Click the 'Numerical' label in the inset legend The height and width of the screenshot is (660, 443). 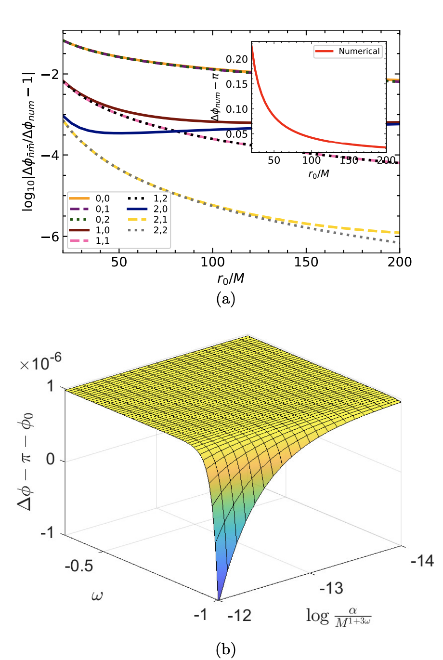point(359,51)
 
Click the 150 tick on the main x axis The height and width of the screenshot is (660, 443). point(306,262)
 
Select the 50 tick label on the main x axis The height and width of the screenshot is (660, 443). point(119,262)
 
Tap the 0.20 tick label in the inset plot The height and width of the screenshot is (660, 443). point(237,59)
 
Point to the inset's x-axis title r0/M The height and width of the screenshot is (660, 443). point(319,174)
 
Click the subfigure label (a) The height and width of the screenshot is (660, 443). point(226,299)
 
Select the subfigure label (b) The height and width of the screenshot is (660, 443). point(226,650)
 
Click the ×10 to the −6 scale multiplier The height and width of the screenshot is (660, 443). point(41,363)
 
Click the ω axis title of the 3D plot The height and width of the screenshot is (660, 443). point(97,596)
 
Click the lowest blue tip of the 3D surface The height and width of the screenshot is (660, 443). point(219,599)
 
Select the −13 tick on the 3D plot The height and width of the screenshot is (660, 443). point(331,588)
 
